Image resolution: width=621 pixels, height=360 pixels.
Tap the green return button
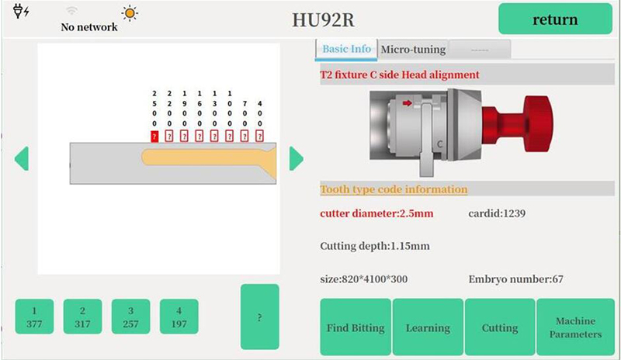click(x=555, y=19)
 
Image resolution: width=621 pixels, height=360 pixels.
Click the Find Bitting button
click(x=356, y=327)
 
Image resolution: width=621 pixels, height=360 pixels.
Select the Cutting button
click(x=500, y=327)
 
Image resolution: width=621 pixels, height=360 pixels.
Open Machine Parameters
click(x=575, y=327)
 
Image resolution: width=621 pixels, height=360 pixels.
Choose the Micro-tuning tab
click(x=413, y=50)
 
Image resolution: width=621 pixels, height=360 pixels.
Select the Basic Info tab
click(x=346, y=50)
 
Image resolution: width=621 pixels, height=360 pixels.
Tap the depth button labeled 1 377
click(x=34, y=317)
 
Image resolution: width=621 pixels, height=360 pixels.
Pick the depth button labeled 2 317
click(x=82, y=317)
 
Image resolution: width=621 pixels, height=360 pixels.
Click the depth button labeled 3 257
click(x=130, y=317)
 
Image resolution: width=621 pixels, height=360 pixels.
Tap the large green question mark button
click(x=260, y=317)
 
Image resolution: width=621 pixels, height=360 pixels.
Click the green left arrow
click(x=22, y=158)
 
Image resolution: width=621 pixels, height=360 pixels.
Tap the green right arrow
click(x=296, y=158)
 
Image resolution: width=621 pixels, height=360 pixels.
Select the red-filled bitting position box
click(x=154, y=137)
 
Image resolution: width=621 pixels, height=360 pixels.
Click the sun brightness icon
click(x=130, y=13)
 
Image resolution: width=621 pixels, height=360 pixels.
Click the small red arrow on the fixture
click(x=407, y=103)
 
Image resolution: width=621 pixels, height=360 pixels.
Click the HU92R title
click(x=323, y=20)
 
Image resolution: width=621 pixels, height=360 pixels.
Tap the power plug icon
click(x=21, y=11)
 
